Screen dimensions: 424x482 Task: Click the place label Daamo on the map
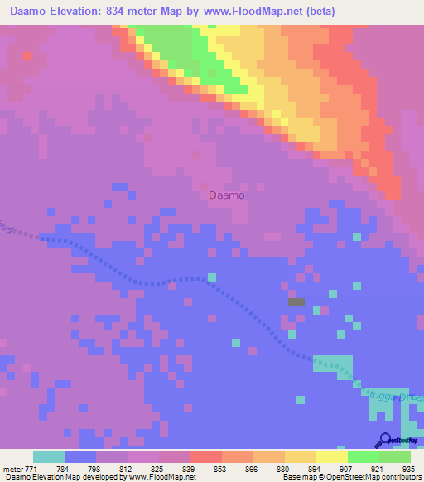pyautogui.click(x=226, y=195)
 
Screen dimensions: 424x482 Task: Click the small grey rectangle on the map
pyautogui.click(x=296, y=302)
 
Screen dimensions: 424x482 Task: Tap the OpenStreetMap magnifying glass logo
pyautogui.click(x=384, y=440)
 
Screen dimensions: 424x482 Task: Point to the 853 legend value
pyautogui.click(x=220, y=467)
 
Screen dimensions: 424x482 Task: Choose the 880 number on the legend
pyautogui.click(x=283, y=467)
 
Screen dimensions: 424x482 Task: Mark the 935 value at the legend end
pyautogui.click(x=407, y=467)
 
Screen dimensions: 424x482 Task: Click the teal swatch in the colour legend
pyautogui.click(x=49, y=455)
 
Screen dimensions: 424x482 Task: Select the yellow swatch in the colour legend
pyautogui.click(x=300, y=455)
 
